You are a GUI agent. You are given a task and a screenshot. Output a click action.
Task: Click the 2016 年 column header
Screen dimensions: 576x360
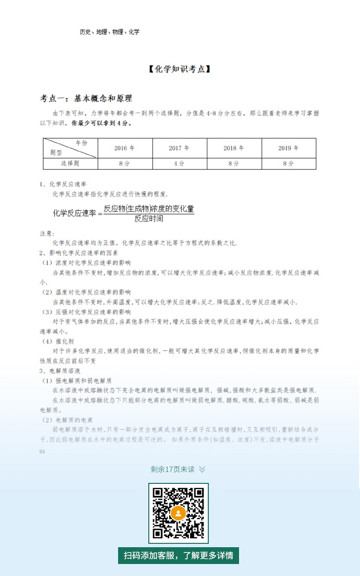[125, 148]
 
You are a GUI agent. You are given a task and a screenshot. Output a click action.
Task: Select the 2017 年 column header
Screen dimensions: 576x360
[179, 148]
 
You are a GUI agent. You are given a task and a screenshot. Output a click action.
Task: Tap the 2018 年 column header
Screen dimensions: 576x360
[234, 148]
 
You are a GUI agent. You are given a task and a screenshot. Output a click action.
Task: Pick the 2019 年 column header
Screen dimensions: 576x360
[288, 148]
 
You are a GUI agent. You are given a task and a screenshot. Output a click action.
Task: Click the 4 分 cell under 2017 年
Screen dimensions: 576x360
[179, 163]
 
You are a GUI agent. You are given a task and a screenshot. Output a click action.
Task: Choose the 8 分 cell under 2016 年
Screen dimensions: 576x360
[125, 163]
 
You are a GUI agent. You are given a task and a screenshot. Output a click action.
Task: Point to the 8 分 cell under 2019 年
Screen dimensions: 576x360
[288, 163]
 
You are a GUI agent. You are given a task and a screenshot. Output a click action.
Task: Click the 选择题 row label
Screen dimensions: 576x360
[71, 163]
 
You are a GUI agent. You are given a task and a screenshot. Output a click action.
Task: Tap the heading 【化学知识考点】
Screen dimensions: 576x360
[180, 69]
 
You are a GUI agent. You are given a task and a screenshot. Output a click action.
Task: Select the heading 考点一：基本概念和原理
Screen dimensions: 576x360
[86, 98]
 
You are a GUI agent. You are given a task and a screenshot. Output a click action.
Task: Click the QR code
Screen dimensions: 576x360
[178, 513]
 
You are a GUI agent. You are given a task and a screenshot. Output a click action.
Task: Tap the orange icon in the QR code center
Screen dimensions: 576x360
[178, 513]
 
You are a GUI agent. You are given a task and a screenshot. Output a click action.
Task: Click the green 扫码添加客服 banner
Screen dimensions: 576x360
[179, 555]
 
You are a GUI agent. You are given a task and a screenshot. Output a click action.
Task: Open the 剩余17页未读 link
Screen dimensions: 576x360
[178, 469]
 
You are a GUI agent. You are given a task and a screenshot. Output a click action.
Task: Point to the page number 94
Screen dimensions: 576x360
[42, 452]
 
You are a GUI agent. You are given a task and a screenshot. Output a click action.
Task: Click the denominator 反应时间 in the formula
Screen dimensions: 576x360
[148, 218]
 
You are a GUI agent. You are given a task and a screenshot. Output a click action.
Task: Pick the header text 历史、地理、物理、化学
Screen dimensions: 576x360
[109, 32]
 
